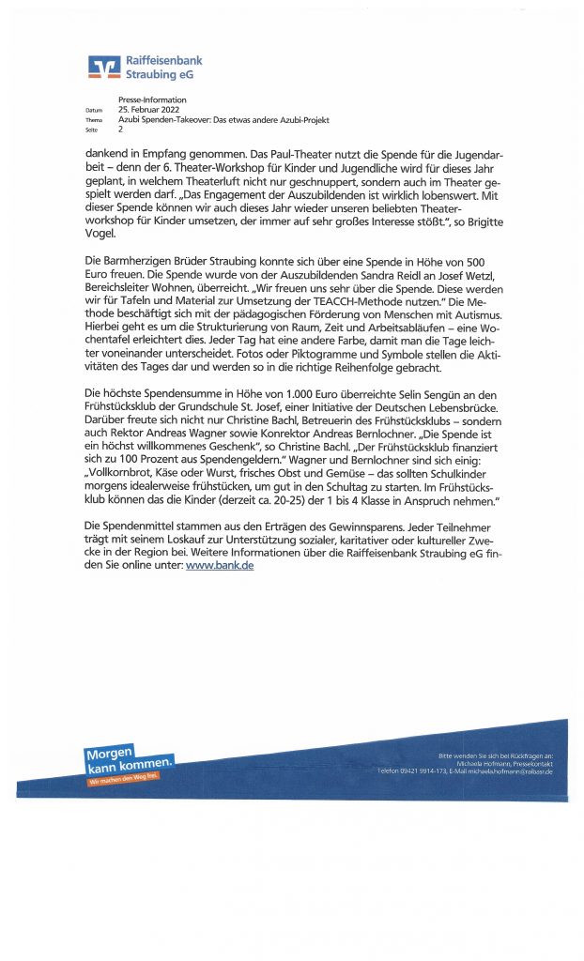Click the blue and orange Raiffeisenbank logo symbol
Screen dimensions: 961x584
[103, 66]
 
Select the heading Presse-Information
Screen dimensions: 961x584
[152, 100]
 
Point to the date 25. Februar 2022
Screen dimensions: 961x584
[152, 110]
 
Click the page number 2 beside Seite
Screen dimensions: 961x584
[121, 130]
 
